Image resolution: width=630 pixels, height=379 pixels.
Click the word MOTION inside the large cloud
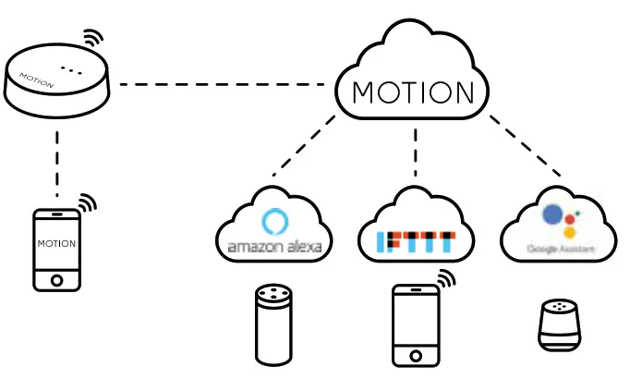[x=414, y=93]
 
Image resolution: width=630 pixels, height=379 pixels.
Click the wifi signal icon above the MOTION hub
[x=92, y=39]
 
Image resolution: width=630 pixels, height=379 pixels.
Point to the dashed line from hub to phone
[x=56, y=163]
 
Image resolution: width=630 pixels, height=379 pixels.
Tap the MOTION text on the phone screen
[x=56, y=243]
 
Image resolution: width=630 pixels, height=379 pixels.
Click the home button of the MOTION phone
[x=56, y=278]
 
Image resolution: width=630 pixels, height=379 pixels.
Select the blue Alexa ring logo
[x=274, y=222]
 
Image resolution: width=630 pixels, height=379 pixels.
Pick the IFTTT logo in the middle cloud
[x=416, y=243]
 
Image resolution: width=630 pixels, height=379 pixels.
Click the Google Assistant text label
[x=557, y=250]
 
